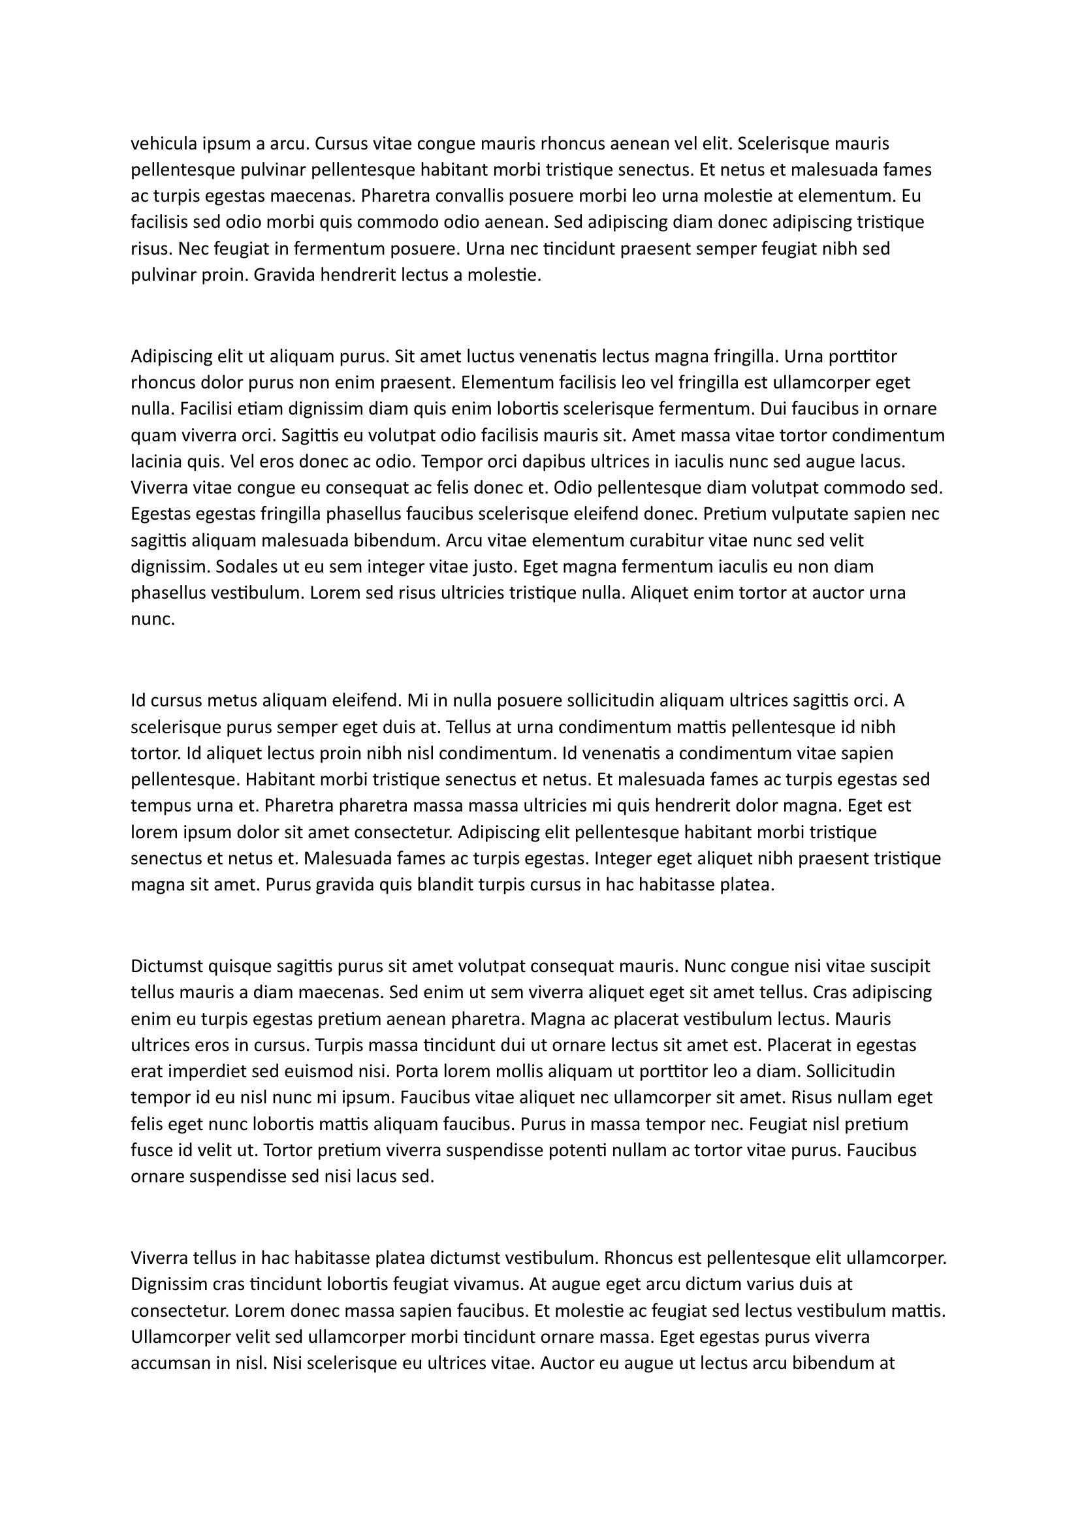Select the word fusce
tap(150, 1150)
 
